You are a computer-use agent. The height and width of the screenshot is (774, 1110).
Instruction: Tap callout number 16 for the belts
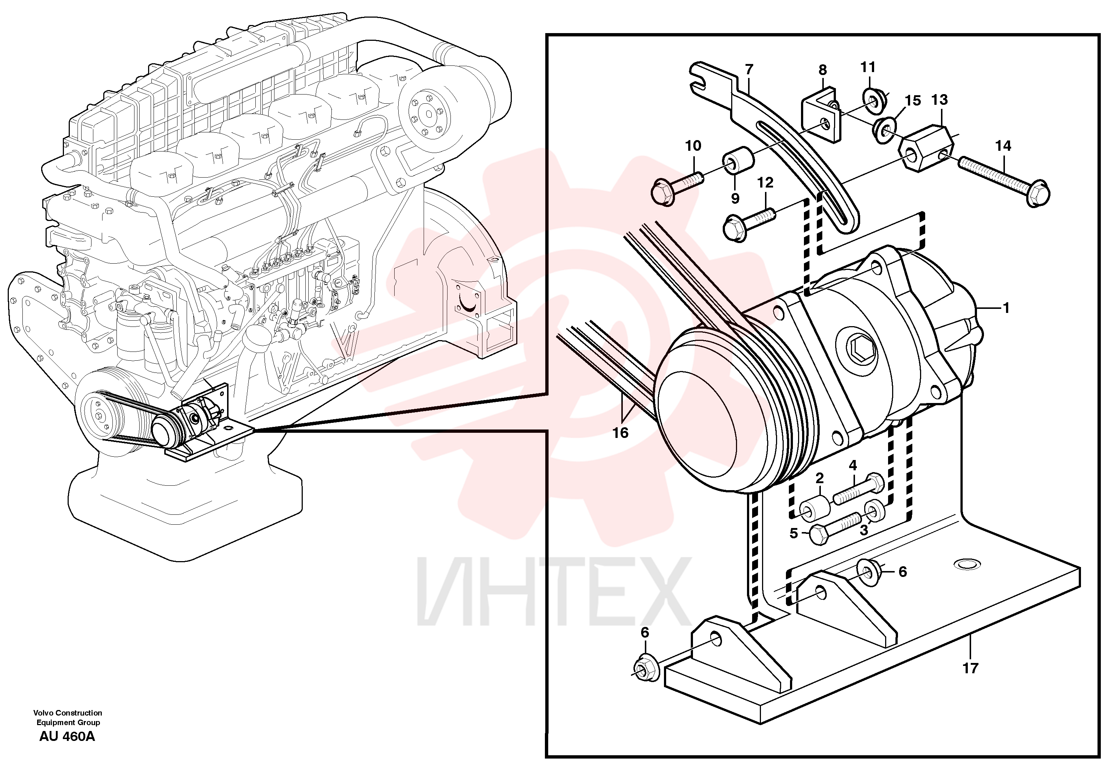tap(620, 432)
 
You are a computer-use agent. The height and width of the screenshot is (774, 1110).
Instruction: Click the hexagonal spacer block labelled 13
tap(927, 147)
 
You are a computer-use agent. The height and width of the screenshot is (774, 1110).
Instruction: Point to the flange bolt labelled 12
tap(749, 224)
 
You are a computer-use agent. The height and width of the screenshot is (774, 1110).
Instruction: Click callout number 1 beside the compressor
tap(1006, 308)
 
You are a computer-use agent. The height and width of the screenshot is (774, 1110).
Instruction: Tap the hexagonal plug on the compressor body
tap(862, 347)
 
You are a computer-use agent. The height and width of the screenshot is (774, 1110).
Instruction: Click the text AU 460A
tap(67, 737)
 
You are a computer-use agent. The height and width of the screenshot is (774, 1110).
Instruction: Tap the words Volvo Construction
tap(68, 713)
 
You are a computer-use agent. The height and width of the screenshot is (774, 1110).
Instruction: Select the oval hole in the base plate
tap(967, 564)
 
